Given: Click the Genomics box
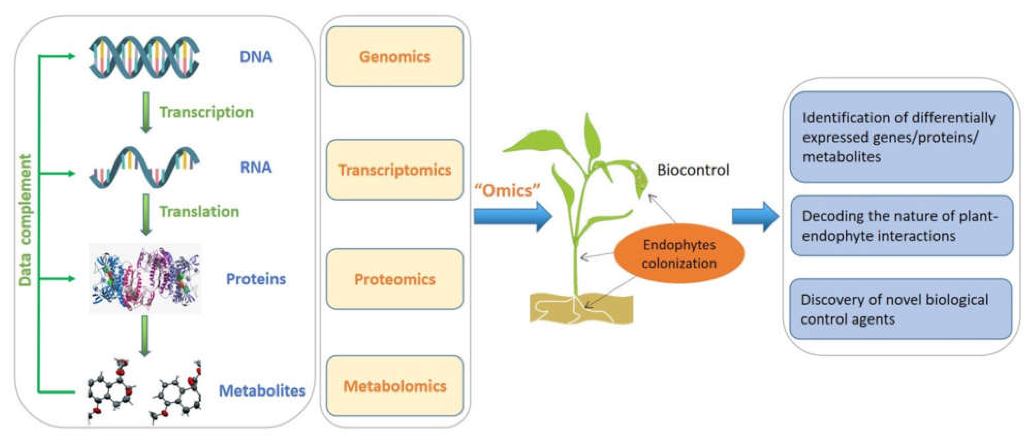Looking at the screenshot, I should tap(395, 57).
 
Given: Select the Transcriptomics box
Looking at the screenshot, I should tap(395, 169).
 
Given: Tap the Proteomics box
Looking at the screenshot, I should tap(395, 279).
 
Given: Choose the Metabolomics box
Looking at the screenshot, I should tap(395, 386).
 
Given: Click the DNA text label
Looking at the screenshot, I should tap(256, 57).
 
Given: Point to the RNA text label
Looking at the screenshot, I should tap(256, 167).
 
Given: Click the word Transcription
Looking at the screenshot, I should tap(206, 112).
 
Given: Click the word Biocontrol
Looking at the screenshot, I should tap(693, 170).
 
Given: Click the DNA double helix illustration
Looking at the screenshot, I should tap(144, 57).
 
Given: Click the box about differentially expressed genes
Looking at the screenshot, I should tap(901, 137).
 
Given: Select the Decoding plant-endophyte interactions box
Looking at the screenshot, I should tap(901, 226).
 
